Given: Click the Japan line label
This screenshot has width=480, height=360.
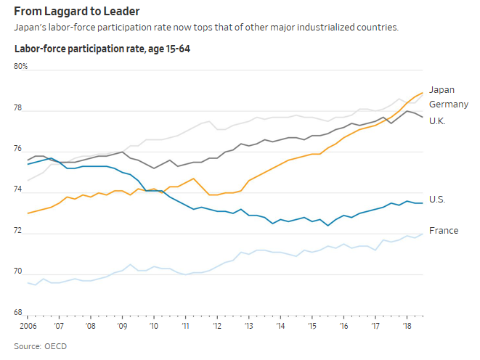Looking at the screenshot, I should [442, 90].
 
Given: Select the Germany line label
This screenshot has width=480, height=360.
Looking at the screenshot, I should [448, 105].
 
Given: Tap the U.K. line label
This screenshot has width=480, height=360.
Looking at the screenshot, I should [438, 120].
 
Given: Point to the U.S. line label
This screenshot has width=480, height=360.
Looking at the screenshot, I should [437, 199].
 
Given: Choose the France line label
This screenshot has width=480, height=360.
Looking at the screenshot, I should [443, 231].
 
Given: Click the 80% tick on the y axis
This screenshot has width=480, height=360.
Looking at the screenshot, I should [21, 67].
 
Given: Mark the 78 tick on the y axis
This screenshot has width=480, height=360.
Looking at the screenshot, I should [19, 109].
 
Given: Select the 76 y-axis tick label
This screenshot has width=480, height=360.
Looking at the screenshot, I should [19, 150].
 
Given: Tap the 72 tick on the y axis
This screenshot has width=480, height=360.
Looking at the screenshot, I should [19, 232].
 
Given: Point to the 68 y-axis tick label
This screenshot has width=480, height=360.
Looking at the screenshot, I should [19, 313].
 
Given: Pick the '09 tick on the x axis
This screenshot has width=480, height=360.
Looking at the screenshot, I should [122, 326].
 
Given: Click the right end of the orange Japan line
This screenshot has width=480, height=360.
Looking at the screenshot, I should [423, 93].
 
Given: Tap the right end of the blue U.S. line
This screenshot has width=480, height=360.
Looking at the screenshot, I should [423, 203].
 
